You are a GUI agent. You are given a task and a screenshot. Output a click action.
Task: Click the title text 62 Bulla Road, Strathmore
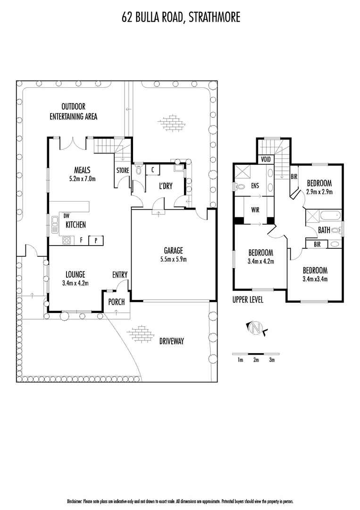pos(180,17)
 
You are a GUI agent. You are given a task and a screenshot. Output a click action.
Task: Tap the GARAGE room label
pos(173,250)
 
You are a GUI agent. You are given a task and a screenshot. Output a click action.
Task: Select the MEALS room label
pos(82,170)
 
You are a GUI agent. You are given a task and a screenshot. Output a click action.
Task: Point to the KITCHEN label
pos(75,225)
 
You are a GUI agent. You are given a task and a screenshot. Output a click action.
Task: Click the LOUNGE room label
pos(75,274)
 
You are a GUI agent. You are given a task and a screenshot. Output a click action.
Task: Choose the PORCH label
pos(116,302)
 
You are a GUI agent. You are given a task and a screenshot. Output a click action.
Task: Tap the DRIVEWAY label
pos(171,341)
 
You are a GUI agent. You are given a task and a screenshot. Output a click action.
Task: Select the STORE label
pos(123,170)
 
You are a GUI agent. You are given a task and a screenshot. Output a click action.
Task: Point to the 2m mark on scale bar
pos(256,360)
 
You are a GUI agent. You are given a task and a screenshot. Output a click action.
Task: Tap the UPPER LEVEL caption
pos(248,300)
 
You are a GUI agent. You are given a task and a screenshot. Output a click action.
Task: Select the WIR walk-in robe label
pos(255,209)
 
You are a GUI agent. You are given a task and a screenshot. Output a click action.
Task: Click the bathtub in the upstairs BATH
pos(330,217)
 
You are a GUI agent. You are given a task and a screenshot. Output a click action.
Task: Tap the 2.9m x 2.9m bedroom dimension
pos(319,192)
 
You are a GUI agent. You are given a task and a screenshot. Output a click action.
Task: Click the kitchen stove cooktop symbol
pos(67,240)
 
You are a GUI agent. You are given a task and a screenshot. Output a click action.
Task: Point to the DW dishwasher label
pos(67,216)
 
